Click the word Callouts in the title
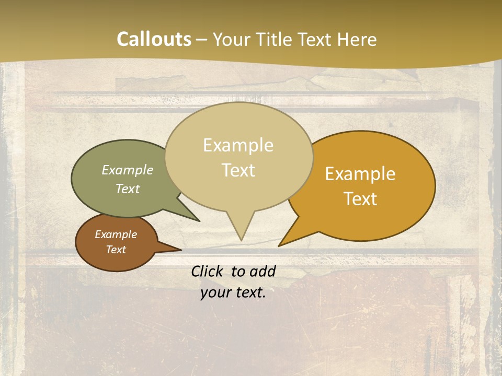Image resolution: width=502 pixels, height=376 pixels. (154, 39)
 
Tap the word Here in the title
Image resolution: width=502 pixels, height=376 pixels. (358, 39)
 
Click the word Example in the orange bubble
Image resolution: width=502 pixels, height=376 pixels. (360, 174)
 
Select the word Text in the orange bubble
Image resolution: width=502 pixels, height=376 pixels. (360, 199)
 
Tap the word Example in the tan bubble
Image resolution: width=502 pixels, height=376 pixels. (238, 145)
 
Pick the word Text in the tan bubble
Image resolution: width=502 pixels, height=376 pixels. (238, 170)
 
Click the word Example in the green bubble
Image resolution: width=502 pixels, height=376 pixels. (128, 170)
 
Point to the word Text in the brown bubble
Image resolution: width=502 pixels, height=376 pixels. (116, 250)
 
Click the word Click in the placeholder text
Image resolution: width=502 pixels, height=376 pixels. (208, 271)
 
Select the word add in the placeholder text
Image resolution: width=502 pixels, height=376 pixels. (262, 271)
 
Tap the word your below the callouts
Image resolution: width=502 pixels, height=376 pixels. (216, 292)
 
